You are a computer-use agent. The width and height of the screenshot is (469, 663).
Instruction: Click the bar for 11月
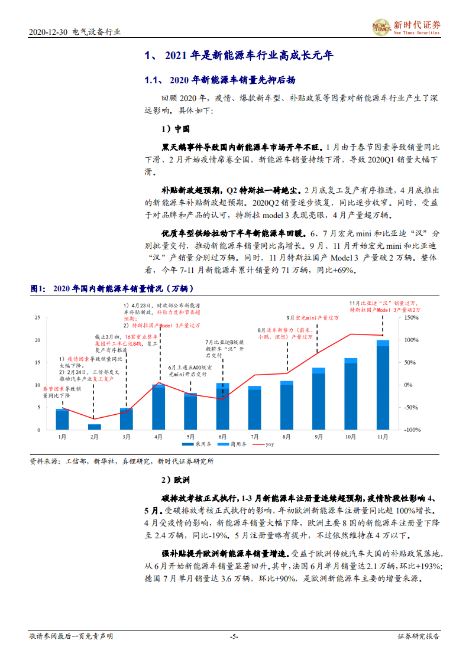383,385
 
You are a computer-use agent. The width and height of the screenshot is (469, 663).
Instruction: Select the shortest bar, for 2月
94,427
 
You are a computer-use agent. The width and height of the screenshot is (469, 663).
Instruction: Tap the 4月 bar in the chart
159,407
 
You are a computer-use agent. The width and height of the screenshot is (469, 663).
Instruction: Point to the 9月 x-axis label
319,437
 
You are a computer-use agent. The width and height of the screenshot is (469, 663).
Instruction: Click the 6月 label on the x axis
222,437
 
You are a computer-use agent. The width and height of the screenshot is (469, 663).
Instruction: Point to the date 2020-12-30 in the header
48,32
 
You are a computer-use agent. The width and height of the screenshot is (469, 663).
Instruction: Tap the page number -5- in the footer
234,636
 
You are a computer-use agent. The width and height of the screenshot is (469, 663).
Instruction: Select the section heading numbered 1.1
220,80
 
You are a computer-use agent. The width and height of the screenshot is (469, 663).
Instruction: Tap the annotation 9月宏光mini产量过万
313,317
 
